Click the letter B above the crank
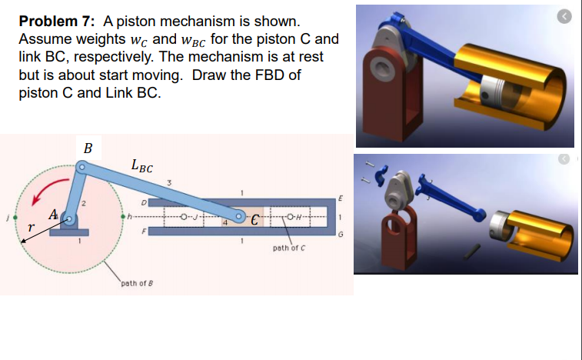coord(88,148)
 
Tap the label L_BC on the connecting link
coord(142,165)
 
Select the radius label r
coord(31,228)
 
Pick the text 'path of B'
coord(136,283)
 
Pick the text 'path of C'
coord(288,248)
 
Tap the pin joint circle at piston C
coord(241,217)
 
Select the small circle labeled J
coord(185,217)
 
